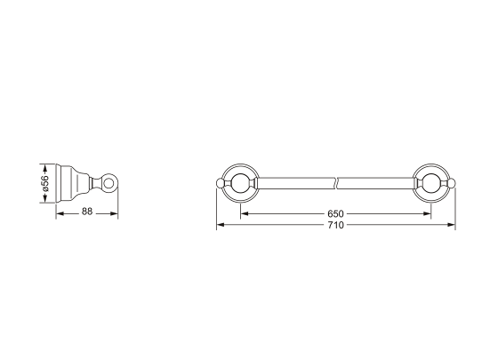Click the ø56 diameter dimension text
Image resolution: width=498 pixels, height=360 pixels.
tap(44, 184)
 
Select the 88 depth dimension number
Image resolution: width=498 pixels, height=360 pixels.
tap(87, 212)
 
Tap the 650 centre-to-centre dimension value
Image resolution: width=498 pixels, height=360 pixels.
tap(335, 214)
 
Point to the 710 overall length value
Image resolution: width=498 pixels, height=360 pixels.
tap(335, 225)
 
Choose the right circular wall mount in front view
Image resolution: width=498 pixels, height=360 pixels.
tap(433, 184)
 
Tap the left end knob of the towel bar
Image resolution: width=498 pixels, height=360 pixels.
tap(220, 184)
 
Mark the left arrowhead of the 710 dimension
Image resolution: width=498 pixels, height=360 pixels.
tap(220, 225)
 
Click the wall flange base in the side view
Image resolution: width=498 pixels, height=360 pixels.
tap(65, 184)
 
